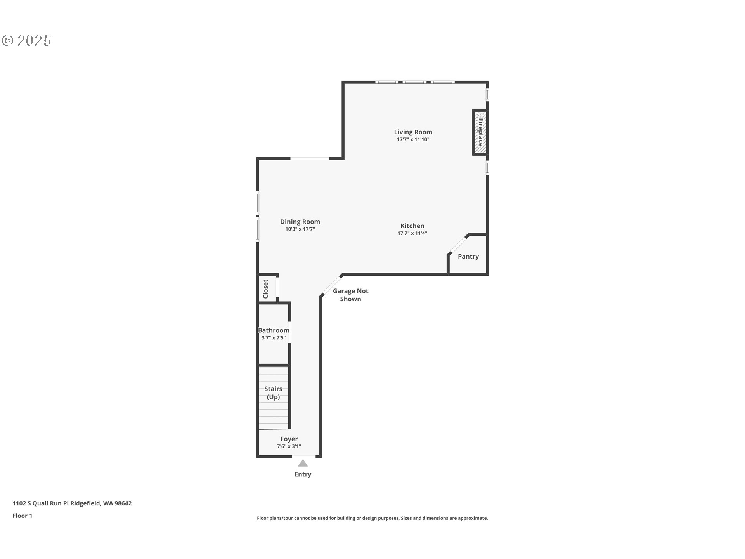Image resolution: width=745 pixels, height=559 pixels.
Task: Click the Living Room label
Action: click(x=413, y=132)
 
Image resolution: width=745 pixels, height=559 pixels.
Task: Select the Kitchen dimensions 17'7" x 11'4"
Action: click(x=412, y=233)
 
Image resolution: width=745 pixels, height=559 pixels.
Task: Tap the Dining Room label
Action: click(x=300, y=222)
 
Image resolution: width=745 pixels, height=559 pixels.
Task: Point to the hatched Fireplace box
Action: click(x=480, y=132)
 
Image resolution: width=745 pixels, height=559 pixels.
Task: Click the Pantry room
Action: click(x=468, y=256)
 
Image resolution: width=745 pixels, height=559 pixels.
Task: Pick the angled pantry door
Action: click(x=458, y=244)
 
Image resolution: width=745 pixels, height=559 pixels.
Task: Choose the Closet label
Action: click(x=266, y=289)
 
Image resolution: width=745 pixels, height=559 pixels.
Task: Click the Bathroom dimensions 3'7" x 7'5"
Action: click(x=274, y=338)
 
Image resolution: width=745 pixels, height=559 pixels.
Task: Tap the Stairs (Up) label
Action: click(x=273, y=392)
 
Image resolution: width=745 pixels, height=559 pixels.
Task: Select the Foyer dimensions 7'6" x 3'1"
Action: click(x=289, y=446)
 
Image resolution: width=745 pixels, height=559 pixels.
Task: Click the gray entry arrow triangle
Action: click(x=303, y=463)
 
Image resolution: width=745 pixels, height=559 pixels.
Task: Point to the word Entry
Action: click(x=303, y=474)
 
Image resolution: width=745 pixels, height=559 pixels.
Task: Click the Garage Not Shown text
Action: click(x=350, y=295)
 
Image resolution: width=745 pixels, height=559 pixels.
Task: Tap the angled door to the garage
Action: click(x=331, y=285)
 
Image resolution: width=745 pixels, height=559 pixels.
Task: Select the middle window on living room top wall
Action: click(x=414, y=82)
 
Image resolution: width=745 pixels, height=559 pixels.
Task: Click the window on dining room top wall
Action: click(x=310, y=158)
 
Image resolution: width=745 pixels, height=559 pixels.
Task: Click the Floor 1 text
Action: click(x=22, y=516)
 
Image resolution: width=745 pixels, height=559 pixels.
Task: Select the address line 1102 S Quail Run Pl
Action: click(x=72, y=503)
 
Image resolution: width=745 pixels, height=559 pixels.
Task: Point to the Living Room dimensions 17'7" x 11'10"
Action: click(x=413, y=139)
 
